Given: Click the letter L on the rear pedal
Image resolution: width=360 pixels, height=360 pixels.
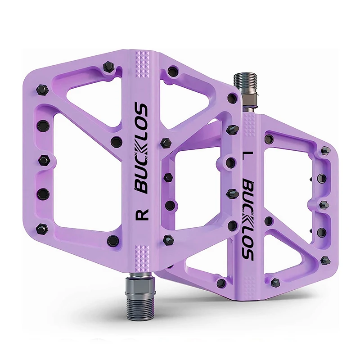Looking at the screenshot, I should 246,157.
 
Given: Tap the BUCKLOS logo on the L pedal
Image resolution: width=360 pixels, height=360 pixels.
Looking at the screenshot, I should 248,220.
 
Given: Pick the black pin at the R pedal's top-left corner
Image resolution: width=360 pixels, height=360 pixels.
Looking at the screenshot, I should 108,67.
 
